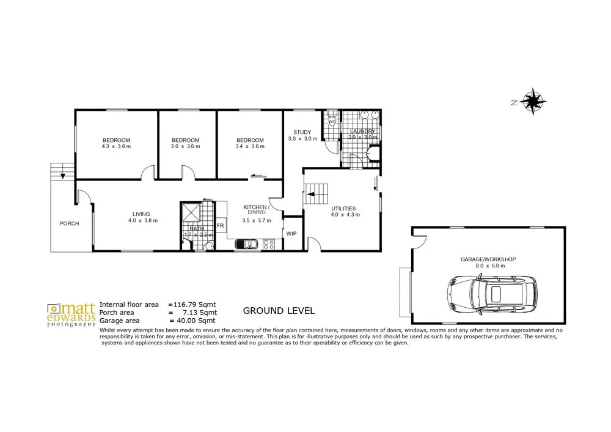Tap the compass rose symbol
click(534, 102)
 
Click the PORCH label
click(69, 223)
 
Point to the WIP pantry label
click(291, 233)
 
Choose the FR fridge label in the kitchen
click(221, 226)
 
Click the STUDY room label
click(302, 132)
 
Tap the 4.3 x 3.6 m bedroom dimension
click(116, 147)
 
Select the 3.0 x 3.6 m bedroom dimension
click(185, 147)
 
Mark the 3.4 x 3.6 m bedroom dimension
click(250, 147)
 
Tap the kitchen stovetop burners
click(269, 244)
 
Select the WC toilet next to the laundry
click(332, 120)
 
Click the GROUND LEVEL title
click(279, 311)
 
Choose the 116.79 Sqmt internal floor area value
click(194, 304)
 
